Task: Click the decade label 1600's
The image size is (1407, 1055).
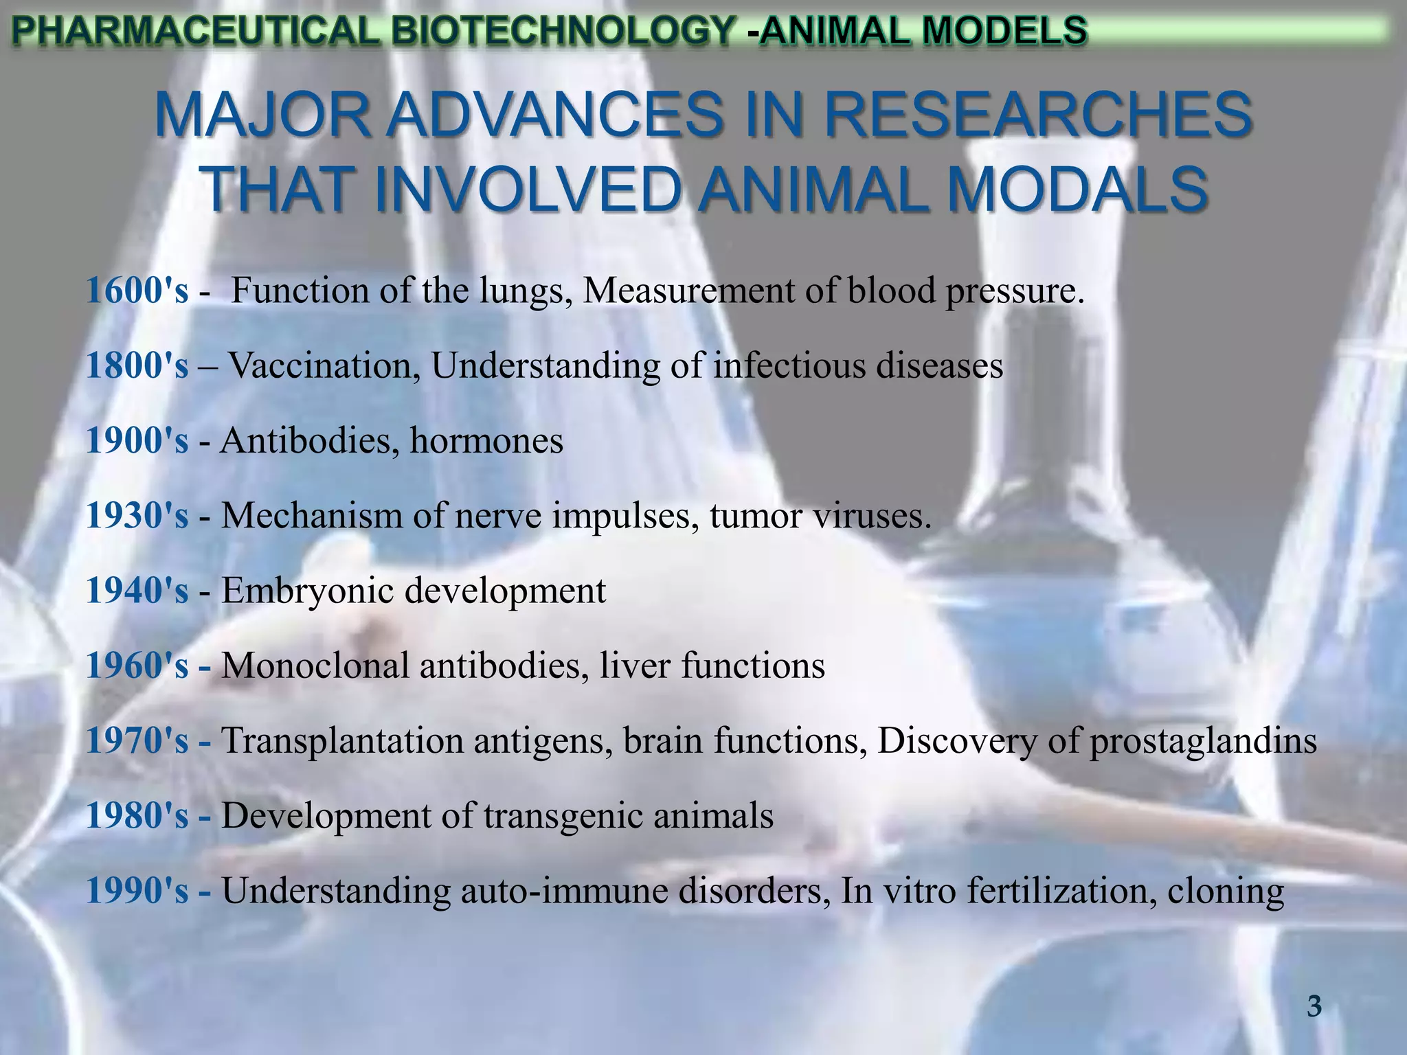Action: tap(137, 291)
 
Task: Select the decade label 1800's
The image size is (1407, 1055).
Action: tap(137, 365)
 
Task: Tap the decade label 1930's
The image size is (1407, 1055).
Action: tap(137, 515)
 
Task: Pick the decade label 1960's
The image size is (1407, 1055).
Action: tap(137, 666)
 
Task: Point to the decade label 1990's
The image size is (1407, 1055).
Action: tap(137, 891)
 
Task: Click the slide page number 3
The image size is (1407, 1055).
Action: tap(1314, 1007)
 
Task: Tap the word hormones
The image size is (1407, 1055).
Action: tap(486, 440)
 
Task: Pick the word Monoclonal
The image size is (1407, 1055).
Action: tap(315, 666)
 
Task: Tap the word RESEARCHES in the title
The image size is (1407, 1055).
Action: tap(1038, 115)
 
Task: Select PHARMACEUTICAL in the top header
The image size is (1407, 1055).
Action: tap(195, 31)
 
